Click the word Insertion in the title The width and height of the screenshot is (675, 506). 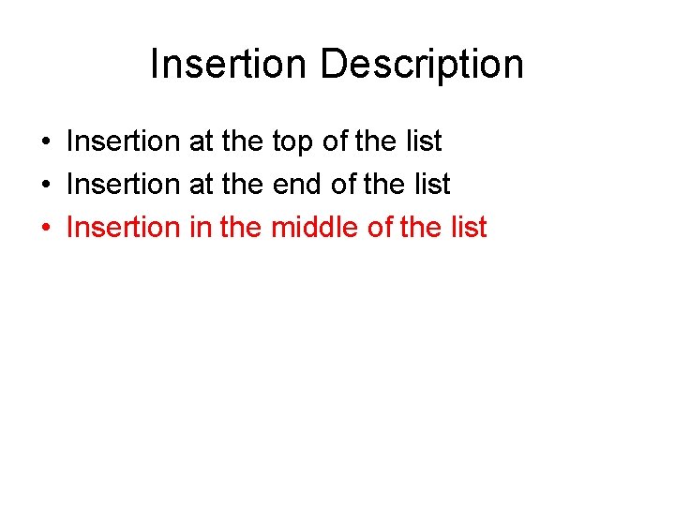click(228, 65)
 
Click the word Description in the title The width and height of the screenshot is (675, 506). click(421, 65)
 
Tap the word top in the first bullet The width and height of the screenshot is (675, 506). click(292, 142)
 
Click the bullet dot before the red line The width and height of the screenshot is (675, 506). click(45, 228)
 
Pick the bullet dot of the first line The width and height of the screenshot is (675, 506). click(45, 142)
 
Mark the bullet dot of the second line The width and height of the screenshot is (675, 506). click(45, 186)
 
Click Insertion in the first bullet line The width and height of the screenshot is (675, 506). click(123, 141)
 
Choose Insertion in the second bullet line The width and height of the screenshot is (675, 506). click(123, 185)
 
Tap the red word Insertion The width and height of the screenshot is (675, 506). click(123, 227)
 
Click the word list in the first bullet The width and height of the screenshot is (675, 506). click(425, 141)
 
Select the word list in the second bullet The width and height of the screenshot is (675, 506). click(433, 185)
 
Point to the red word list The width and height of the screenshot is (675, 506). click(470, 227)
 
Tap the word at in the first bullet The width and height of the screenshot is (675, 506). click(202, 142)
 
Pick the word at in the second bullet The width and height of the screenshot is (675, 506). click(202, 186)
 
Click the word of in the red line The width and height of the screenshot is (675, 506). click(381, 227)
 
